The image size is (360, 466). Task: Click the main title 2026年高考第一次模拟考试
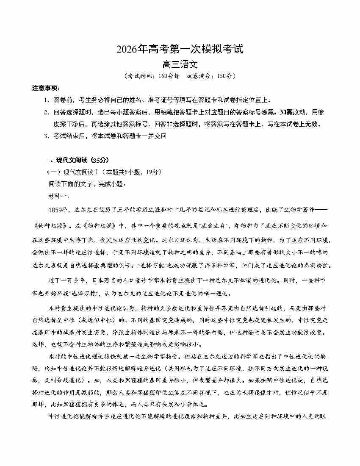point(180,50)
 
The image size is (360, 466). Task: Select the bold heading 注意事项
point(46,88)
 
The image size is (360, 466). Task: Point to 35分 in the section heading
point(100,160)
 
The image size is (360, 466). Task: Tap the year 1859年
point(58,210)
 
